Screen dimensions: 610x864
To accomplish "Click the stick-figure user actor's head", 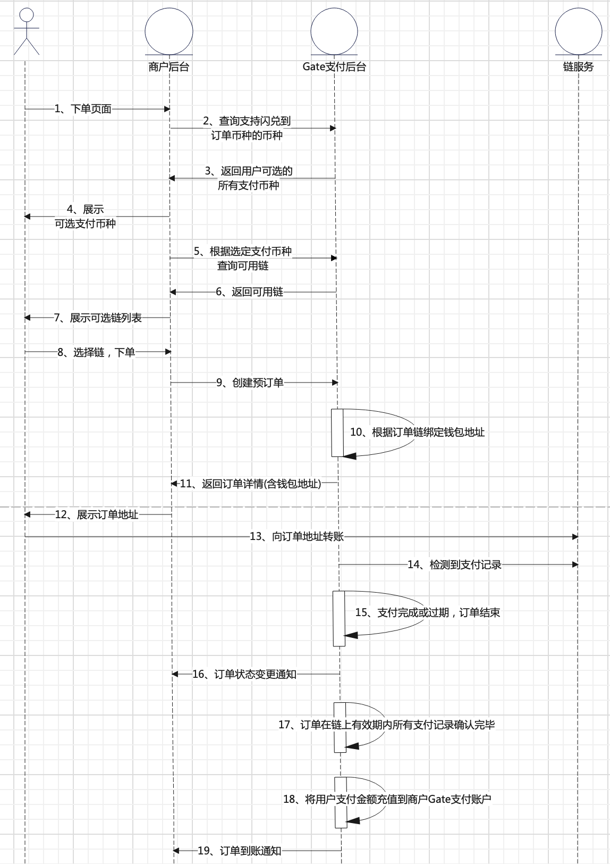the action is pyautogui.click(x=27, y=15).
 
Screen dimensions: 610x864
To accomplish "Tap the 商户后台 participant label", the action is pyautogui.click(x=169, y=67).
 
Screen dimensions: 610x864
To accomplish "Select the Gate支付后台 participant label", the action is pyautogui.click(x=334, y=67).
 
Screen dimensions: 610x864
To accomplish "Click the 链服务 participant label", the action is pyautogui.click(x=578, y=67).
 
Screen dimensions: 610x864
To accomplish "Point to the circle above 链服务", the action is pyautogui.click(x=579, y=31).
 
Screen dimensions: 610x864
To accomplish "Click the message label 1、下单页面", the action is pyautogui.click(x=83, y=109).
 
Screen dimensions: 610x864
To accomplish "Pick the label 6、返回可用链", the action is pyautogui.click(x=249, y=292).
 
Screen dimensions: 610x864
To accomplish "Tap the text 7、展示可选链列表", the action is pyautogui.click(x=98, y=318).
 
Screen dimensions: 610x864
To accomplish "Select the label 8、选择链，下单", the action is pyautogui.click(x=96, y=352).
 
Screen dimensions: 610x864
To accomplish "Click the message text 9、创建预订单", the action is pyautogui.click(x=250, y=383).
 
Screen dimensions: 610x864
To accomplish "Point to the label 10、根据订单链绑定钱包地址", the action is pyautogui.click(x=417, y=432).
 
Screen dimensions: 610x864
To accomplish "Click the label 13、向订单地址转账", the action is pyautogui.click(x=296, y=536).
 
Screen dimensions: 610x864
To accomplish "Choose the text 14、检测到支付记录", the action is pyautogui.click(x=455, y=564).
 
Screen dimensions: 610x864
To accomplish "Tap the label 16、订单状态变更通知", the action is pyautogui.click(x=244, y=674).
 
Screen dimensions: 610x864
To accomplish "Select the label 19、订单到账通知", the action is pyautogui.click(x=240, y=851).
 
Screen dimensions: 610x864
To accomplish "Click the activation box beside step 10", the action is pyautogui.click(x=337, y=433).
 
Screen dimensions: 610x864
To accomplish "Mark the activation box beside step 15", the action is pyautogui.click(x=339, y=618).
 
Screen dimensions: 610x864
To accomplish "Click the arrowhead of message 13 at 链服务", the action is pyautogui.click(x=575, y=536).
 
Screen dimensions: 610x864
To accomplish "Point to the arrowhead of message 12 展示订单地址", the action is pyautogui.click(x=27, y=514).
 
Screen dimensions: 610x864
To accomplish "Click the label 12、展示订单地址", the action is pyautogui.click(x=97, y=514).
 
